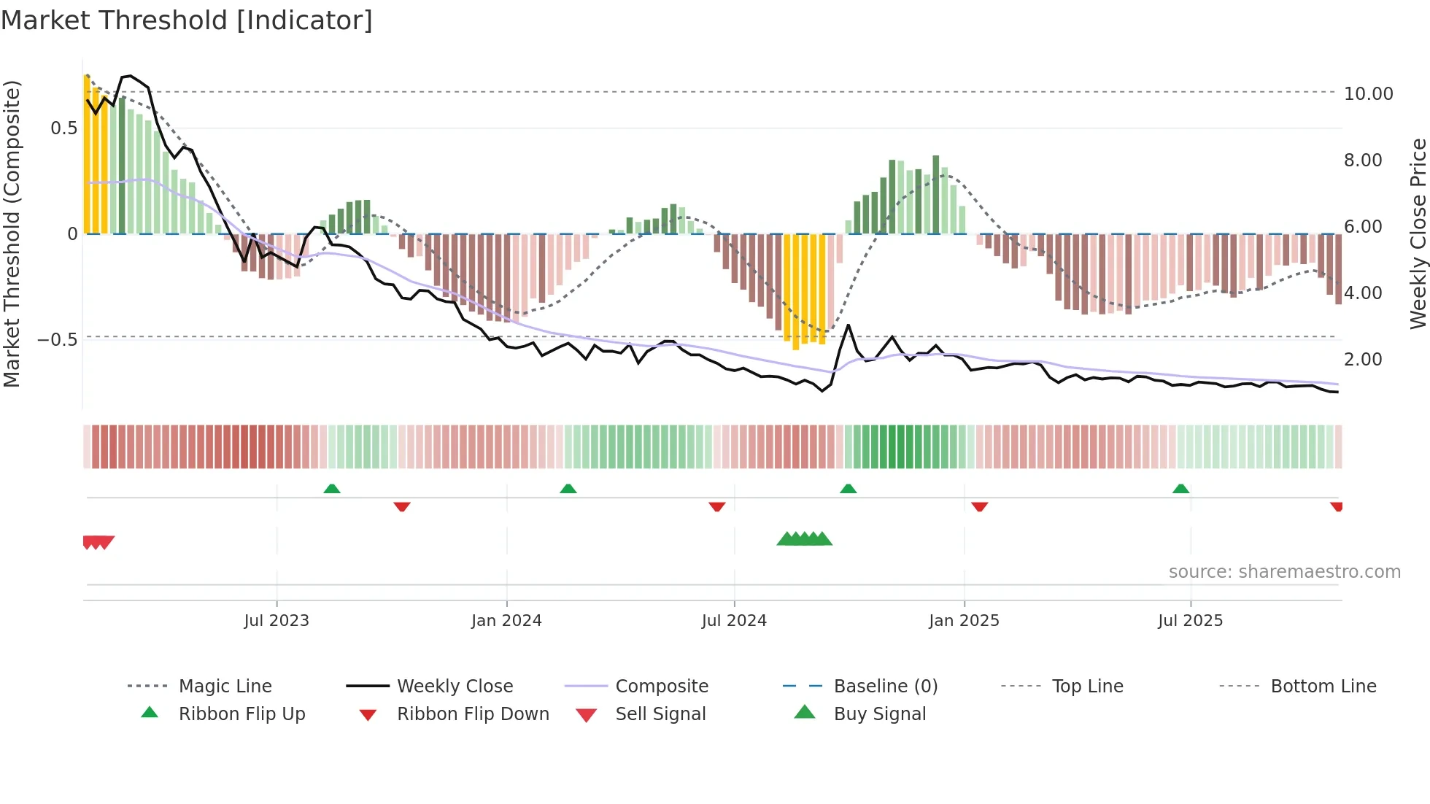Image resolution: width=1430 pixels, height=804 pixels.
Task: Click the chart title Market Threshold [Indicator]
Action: click(x=187, y=20)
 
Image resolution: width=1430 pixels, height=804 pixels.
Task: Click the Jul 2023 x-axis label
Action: click(x=277, y=621)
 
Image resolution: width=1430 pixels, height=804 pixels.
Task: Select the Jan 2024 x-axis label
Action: click(x=506, y=621)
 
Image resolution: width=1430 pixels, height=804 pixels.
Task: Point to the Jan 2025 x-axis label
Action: click(x=964, y=621)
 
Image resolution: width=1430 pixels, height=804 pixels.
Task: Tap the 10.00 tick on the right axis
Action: click(x=1368, y=94)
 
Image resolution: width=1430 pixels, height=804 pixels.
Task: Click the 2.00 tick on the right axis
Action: click(x=1363, y=360)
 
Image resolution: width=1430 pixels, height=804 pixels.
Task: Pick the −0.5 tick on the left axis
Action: click(x=57, y=340)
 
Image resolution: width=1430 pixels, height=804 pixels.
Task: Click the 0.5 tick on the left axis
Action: click(x=63, y=128)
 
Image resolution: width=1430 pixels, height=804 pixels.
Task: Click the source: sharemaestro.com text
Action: click(x=1284, y=572)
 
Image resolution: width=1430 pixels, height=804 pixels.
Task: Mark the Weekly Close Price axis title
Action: click(x=1418, y=233)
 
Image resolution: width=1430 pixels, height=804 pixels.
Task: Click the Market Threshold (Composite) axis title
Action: click(x=12, y=233)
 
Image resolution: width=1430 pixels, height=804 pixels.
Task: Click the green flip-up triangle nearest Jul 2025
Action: click(x=1180, y=489)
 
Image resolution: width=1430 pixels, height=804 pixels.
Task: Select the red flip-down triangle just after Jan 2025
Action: click(x=979, y=506)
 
